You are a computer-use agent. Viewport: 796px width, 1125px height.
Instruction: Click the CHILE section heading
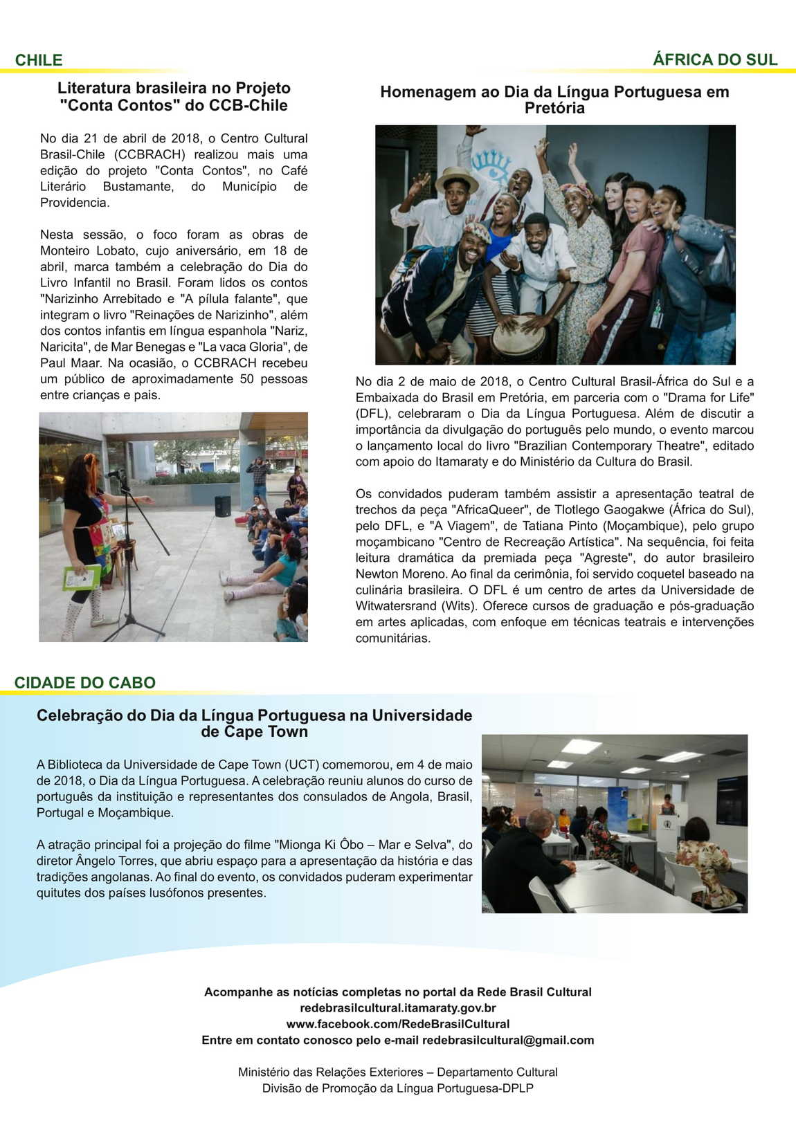39,60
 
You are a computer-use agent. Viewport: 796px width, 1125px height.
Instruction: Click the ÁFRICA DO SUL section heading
715,60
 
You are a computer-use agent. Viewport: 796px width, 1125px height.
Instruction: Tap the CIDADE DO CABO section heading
84,682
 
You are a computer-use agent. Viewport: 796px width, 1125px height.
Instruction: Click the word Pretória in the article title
554,108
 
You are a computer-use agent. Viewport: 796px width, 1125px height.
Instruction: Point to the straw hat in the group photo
457,177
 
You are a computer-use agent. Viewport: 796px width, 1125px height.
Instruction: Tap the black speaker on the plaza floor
222,506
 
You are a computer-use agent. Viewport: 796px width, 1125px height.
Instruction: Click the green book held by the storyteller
81,578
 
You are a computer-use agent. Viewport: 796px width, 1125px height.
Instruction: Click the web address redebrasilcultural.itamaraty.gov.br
397,1008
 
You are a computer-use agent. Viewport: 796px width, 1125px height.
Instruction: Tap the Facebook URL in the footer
397,1024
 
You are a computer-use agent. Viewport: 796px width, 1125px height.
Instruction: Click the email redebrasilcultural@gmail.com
508,1040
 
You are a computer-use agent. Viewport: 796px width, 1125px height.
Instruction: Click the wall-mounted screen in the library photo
732,801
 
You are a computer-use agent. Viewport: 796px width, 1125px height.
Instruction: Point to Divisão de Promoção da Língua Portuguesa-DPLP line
397,1088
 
